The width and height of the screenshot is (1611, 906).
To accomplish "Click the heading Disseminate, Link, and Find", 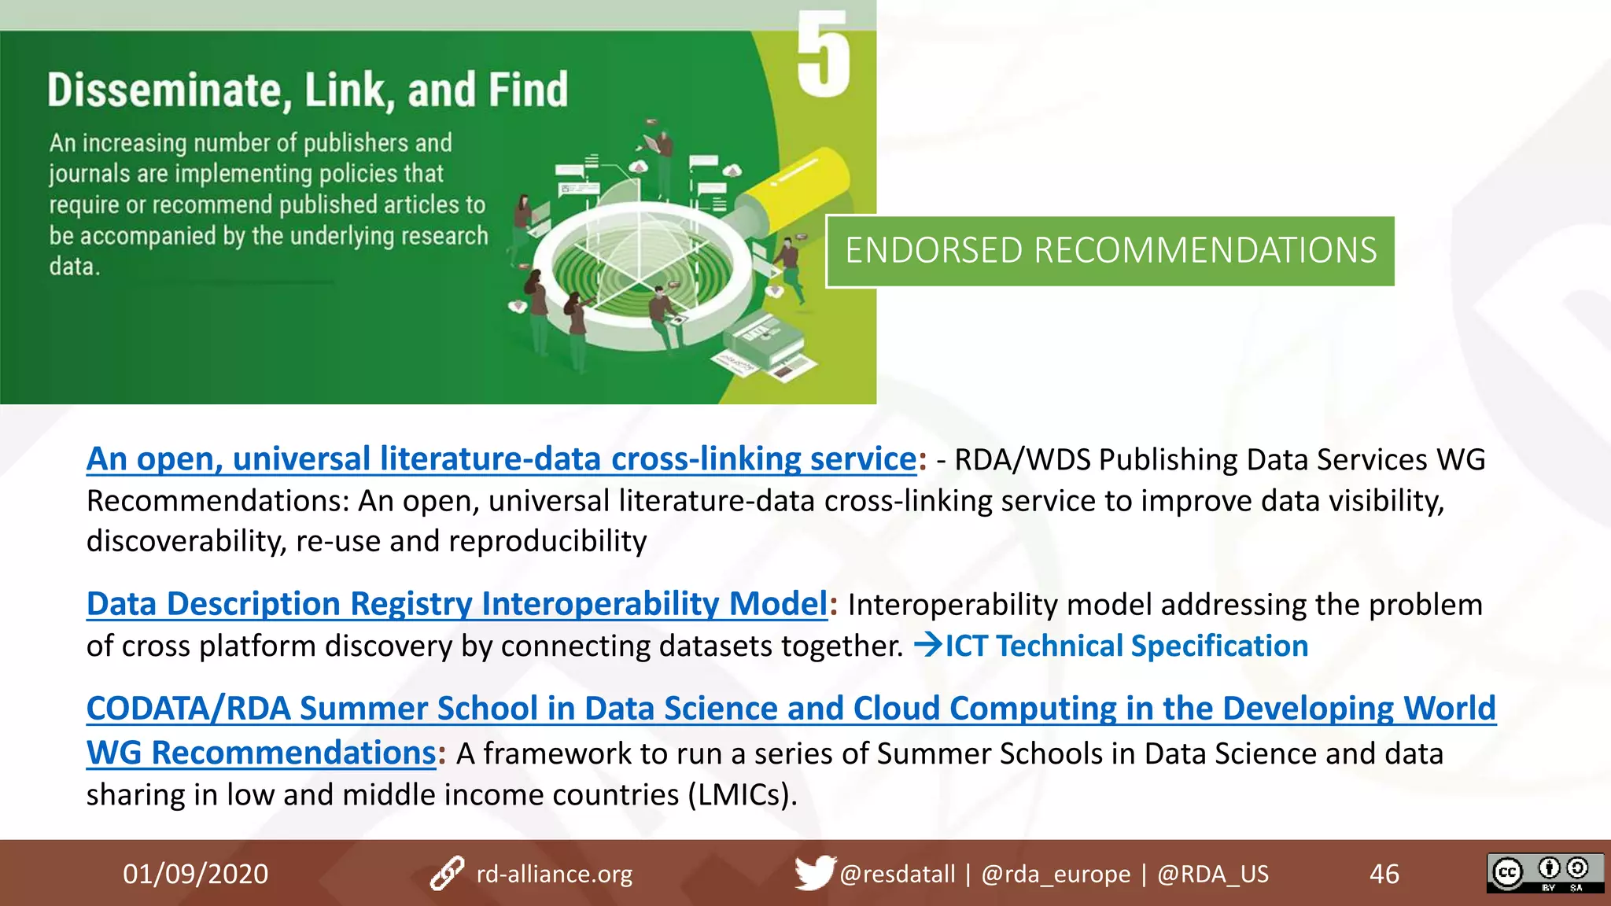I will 308,90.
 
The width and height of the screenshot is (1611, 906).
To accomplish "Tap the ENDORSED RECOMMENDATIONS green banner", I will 1110,251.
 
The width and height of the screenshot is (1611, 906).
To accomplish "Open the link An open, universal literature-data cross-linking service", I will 501,459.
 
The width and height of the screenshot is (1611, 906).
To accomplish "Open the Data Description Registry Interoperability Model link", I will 456,604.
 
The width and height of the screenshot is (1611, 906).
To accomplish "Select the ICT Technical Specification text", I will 1126,646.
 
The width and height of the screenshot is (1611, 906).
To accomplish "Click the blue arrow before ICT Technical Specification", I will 928,645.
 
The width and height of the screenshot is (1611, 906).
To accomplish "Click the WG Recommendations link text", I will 260,753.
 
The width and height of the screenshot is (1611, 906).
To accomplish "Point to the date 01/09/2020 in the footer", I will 195,874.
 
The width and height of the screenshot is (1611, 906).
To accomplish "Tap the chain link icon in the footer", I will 447,874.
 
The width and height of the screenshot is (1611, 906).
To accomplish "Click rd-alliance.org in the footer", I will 554,874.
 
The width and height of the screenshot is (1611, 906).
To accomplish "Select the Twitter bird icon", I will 813,872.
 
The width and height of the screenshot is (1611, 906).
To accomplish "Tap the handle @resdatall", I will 897,874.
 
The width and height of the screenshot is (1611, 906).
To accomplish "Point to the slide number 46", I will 1384,874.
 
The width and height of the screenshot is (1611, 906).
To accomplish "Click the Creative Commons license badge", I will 1544,873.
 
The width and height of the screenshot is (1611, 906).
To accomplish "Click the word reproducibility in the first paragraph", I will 547,541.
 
